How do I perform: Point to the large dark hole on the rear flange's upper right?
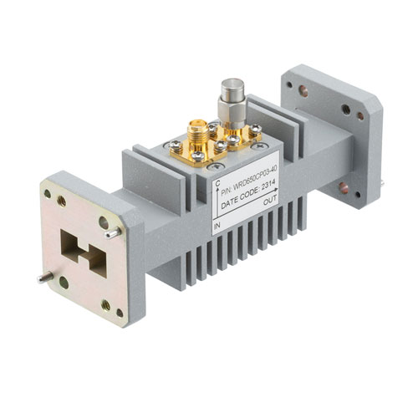346,110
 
